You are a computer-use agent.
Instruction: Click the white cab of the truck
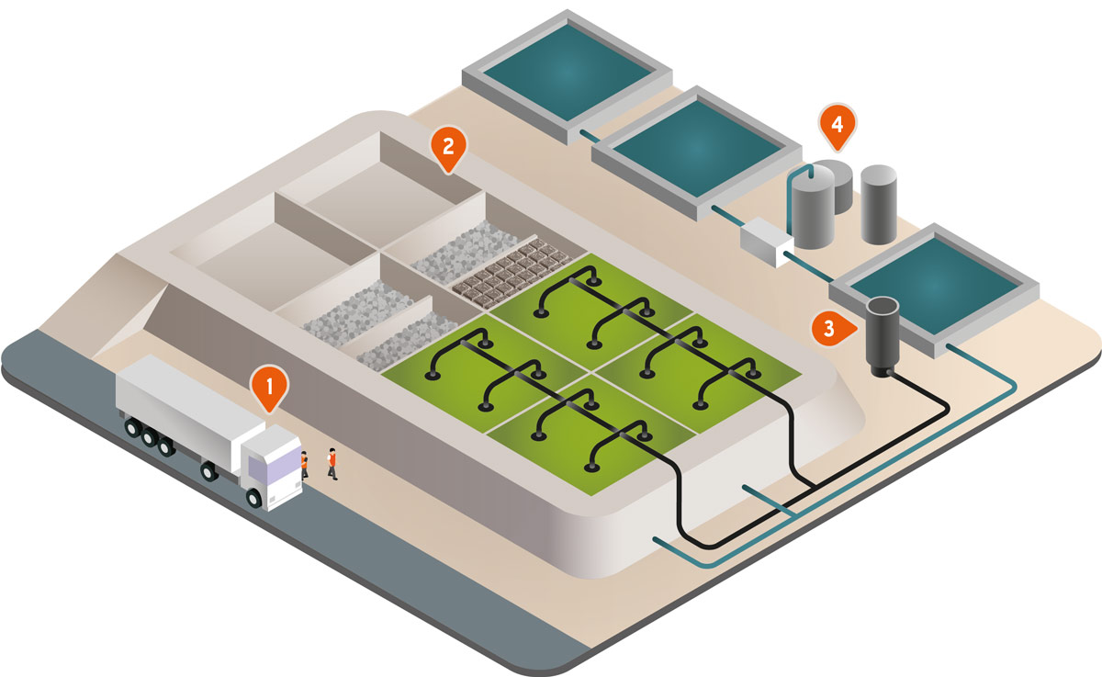tap(272, 466)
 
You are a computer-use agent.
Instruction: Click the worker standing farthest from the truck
tap(332, 463)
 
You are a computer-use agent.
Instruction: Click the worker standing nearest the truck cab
tap(304, 463)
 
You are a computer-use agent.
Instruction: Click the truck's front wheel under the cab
tap(253, 497)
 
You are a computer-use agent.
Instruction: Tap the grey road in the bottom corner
tap(275, 588)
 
